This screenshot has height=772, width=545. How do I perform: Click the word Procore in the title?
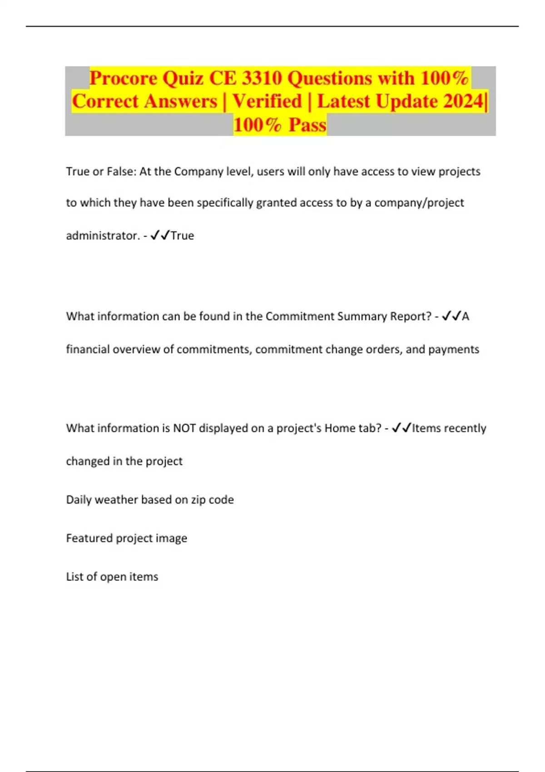click(x=123, y=78)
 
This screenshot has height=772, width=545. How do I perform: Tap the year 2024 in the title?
click(x=463, y=101)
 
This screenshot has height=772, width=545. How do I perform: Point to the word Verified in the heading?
click(x=267, y=101)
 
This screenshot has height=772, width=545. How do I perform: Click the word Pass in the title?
click(x=307, y=124)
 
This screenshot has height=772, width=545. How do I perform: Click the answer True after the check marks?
click(x=183, y=236)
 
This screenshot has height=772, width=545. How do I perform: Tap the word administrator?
click(x=103, y=236)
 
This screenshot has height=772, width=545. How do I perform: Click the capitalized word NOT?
click(x=184, y=428)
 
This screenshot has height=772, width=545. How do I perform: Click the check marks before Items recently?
click(x=401, y=428)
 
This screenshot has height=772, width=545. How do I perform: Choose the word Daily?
click(x=79, y=500)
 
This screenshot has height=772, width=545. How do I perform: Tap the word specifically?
click(x=225, y=203)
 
